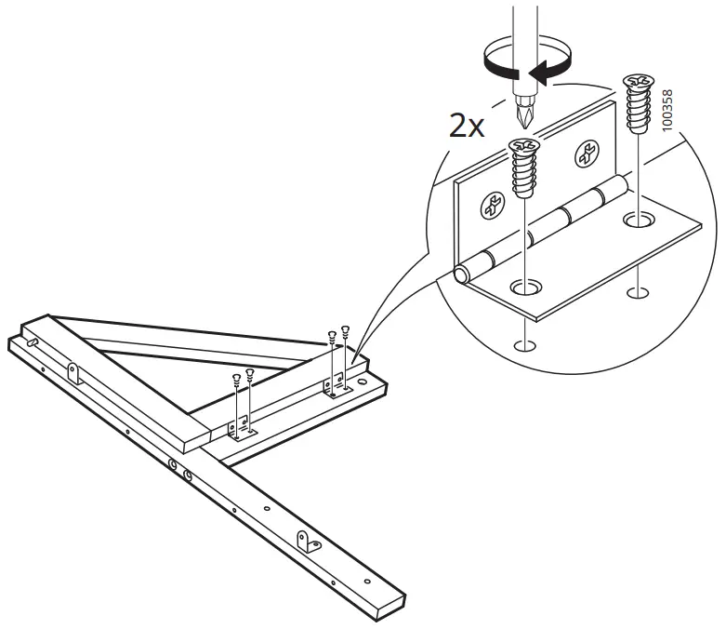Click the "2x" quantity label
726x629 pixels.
point(467,126)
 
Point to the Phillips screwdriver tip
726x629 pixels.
point(523,114)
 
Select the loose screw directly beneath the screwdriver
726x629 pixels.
point(523,167)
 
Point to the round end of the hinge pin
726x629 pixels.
point(461,274)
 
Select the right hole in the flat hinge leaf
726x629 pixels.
point(636,221)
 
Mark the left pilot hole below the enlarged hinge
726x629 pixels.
point(525,346)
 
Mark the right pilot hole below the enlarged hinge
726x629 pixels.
point(636,294)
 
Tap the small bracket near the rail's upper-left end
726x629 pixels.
point(73,374)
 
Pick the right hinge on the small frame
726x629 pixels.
point(334,385)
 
